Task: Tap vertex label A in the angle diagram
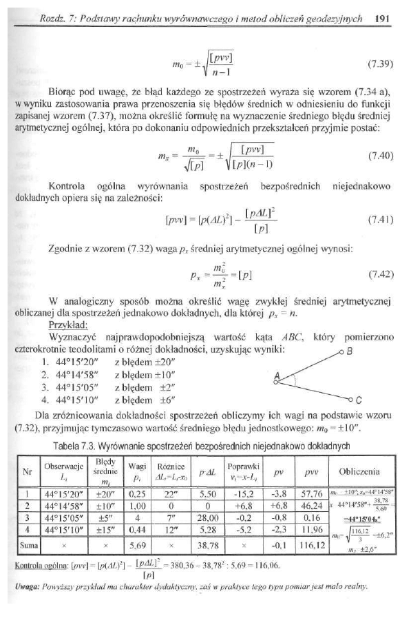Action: pos(277,375)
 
